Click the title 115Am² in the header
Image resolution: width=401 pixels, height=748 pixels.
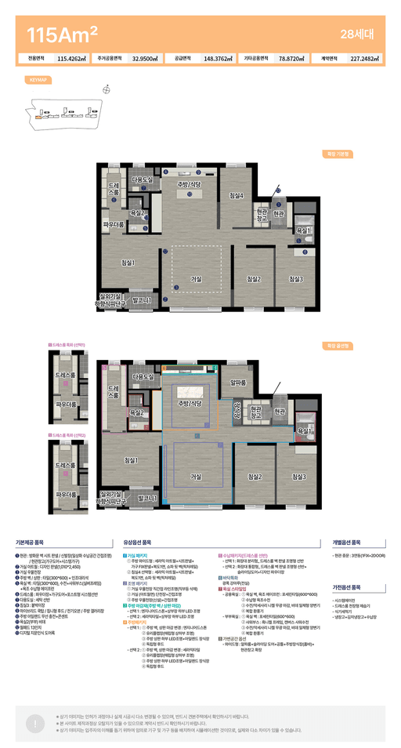tap(62, 34)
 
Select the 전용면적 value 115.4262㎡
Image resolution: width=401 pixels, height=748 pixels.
tap(72, 58)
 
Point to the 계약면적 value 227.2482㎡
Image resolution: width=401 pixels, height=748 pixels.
tap(366, 58)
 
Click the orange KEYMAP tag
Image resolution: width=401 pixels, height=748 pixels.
tap(38, 80)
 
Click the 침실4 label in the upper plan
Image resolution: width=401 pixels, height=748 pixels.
tap(236, 195)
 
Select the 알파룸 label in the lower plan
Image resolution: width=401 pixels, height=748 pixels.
tap(238, 383)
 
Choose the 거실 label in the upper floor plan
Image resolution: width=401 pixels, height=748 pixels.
tap(197, 279)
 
